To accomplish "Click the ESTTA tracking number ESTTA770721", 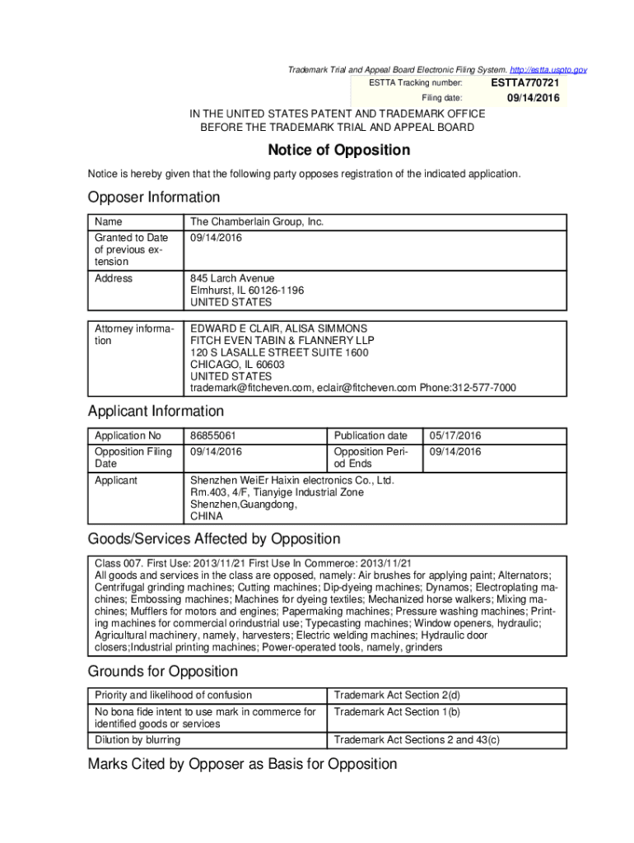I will [x=525, y=83].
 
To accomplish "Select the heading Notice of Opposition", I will [x=338, y=150].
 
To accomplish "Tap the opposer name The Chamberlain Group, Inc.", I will [x=257, y=221].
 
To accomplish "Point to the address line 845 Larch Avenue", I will [x=232, y=278].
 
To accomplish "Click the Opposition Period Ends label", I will [x=370, y=458].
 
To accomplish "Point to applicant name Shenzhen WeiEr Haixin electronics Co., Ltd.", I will [x=292, y=481].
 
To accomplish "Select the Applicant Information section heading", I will [x=156, y=411].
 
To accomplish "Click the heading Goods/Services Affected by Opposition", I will [x=214, y=539].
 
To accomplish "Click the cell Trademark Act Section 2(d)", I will [x=397, y=695].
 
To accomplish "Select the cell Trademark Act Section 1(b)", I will [x=397, y=711].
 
